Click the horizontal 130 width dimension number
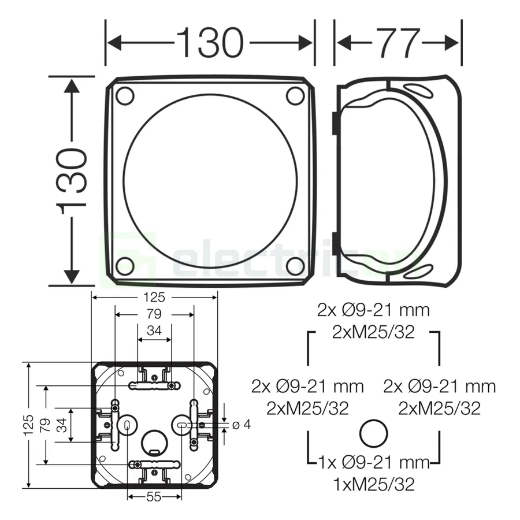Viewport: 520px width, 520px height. point(209,42)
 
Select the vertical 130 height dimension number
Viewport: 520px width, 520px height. point(74,181)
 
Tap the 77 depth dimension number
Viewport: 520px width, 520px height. point(399,42)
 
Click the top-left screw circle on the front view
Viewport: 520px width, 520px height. point(125,95)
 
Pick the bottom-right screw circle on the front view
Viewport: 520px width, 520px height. point(295,266)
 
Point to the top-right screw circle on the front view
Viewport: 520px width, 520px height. point(295,95)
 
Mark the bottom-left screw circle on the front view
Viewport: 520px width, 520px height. point(125,266)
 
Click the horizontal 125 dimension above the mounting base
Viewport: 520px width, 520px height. point(155,298)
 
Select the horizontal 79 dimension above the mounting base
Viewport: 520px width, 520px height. point(154,314)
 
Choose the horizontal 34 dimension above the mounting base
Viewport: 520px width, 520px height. point(154,331)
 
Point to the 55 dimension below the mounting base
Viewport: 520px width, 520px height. point(154,497)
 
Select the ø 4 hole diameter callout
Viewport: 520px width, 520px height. point(241,425)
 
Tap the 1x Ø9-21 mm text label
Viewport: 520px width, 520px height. point(374,462)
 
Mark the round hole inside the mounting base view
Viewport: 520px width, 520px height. point(154,442)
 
